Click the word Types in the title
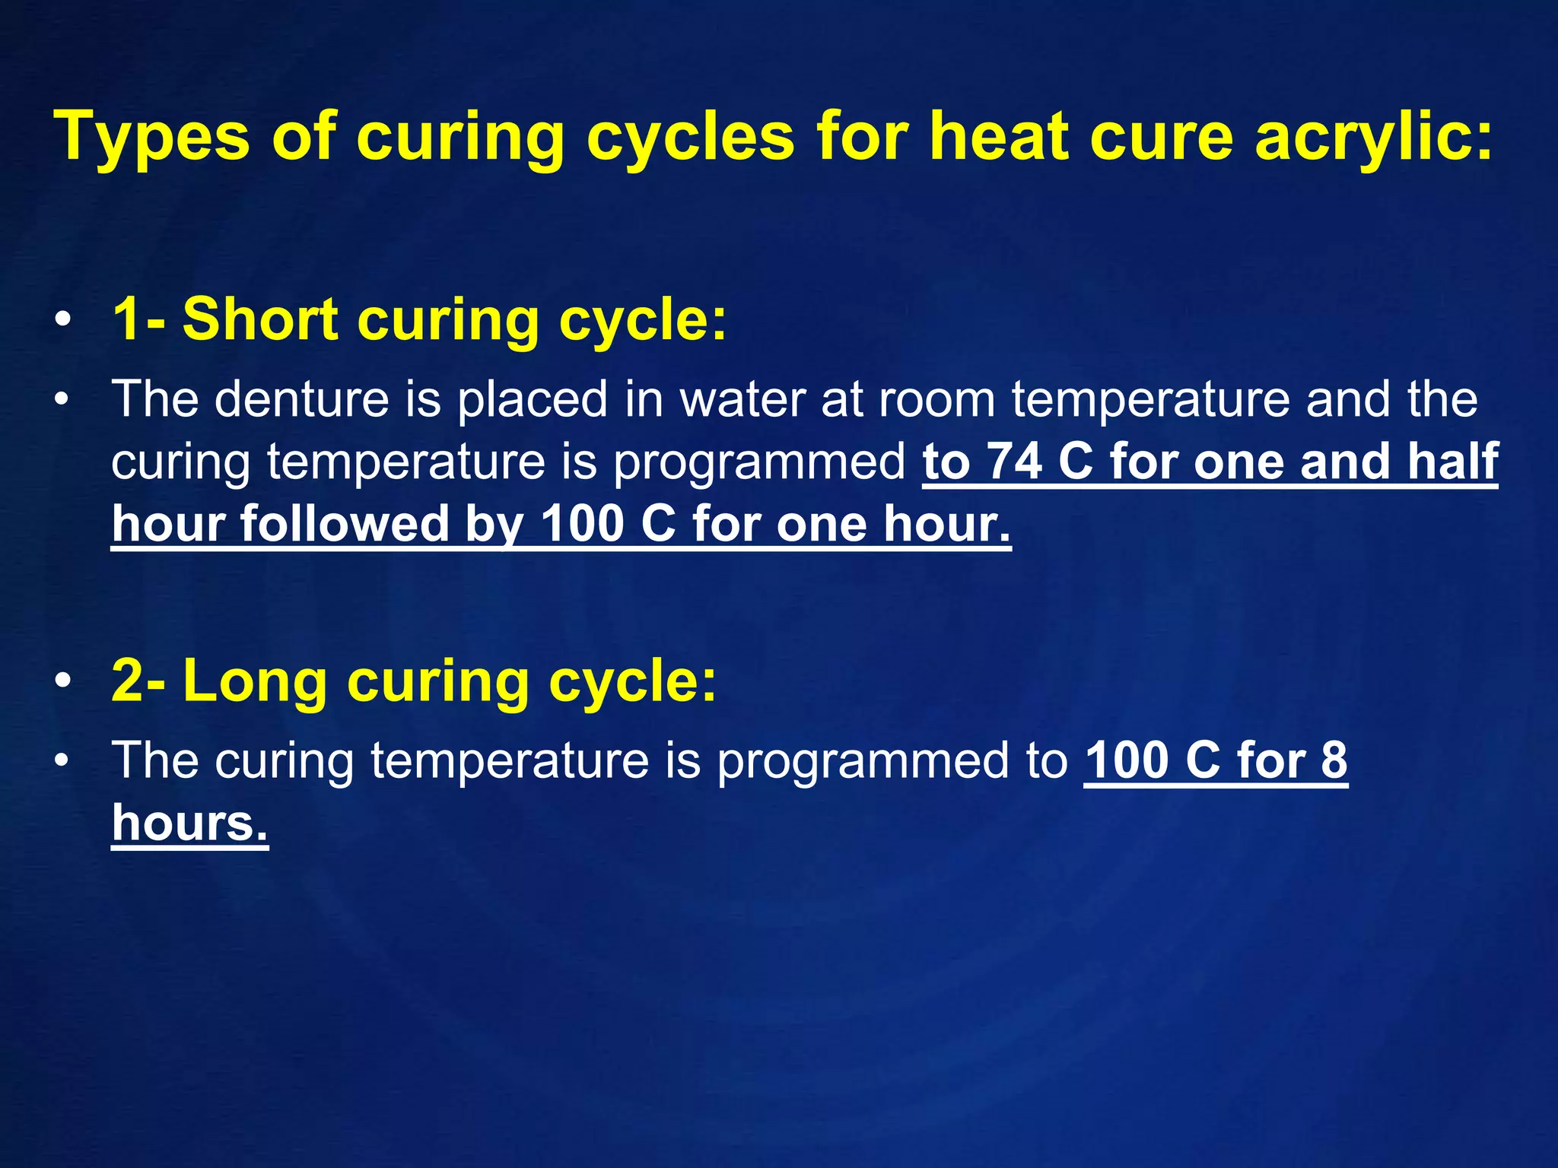(x=151, y=137)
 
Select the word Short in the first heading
(x=259, y=319)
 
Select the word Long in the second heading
(x=255, y=680)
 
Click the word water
(x=742, y=398)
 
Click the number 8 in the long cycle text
(x=1334, y=760)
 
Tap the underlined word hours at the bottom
(x=190, y=823)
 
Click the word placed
(x=533, y=398)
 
